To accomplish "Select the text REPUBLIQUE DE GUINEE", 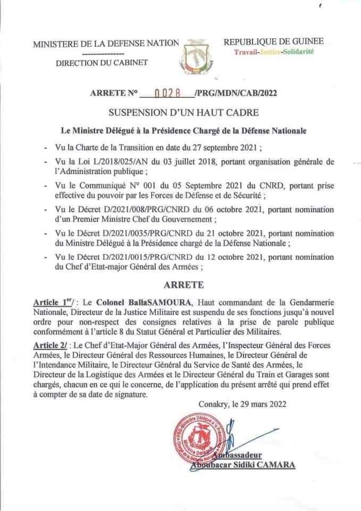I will [x=273, y=42].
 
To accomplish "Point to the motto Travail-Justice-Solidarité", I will [x=274, y=51].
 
